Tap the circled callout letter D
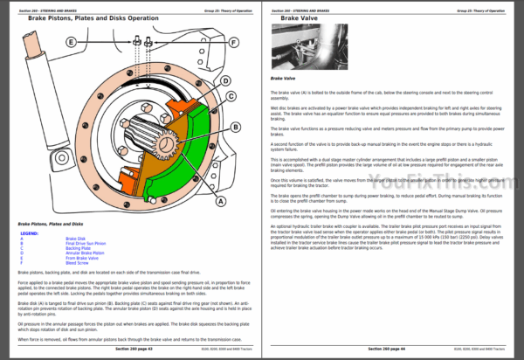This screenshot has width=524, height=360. tap(224, 81)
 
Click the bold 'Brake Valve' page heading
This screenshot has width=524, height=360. tap(291, 17)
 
